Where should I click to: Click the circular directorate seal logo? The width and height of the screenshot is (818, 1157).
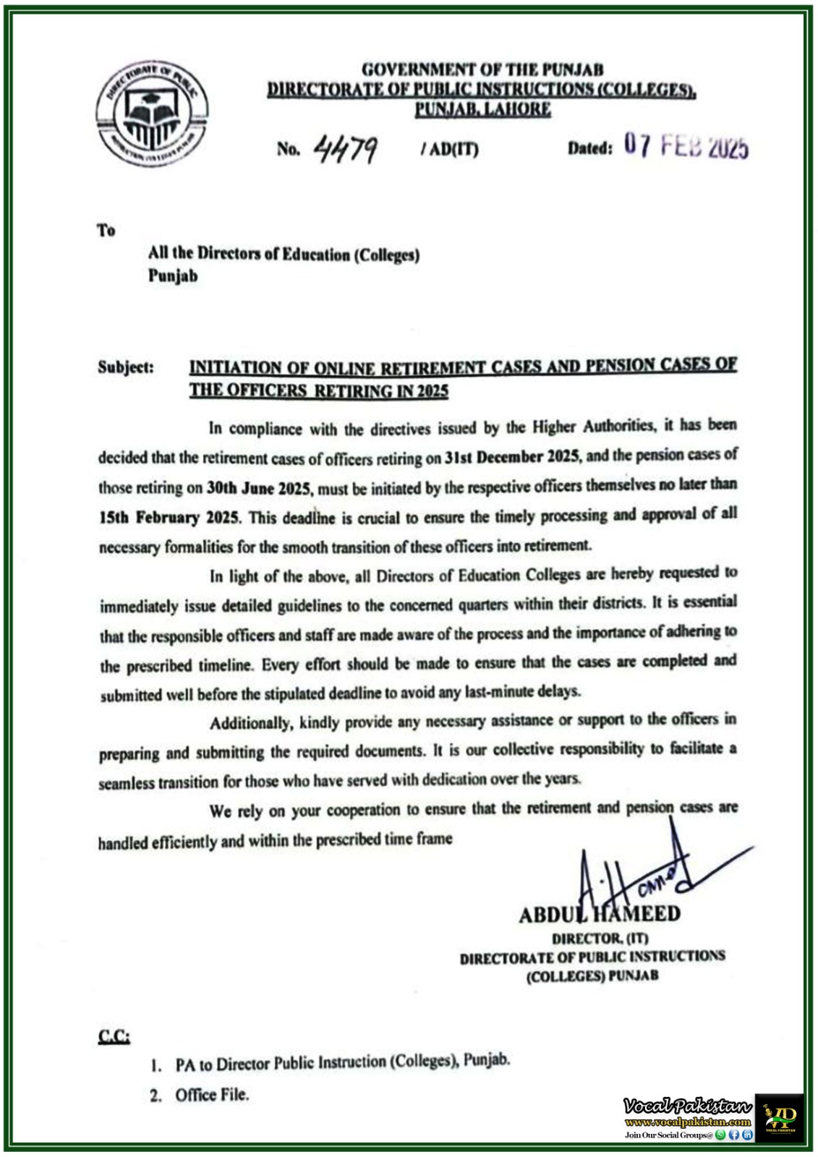[x=152, y=114]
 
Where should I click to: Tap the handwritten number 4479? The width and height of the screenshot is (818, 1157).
[x=346, y=149]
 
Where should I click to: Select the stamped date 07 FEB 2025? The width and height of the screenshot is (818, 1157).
[x=686, y=147]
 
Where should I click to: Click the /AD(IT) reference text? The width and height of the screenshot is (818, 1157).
[x=449, y=150]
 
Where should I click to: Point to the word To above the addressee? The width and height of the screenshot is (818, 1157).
[x=106, y=231]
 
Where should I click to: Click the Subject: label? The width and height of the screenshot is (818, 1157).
[x=126, y=367]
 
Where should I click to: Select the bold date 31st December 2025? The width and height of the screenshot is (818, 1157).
[x=512, y=457]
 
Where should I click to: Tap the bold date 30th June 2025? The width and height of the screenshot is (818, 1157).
[x=259, y=488]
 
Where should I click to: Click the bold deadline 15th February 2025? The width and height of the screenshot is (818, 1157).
[x=171, y=518]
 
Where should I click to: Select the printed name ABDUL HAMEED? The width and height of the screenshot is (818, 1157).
[x=600, y=915]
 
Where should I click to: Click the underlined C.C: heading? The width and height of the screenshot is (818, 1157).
[x=114, y=1037]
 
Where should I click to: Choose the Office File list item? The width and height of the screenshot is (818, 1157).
[x=211, y=1095]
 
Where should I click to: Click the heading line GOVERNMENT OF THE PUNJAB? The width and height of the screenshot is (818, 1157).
[x=482, y=70]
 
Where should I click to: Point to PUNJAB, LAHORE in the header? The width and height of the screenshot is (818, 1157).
[x=482, y=109]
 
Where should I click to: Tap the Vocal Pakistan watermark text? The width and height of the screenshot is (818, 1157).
[x=687, y=1106]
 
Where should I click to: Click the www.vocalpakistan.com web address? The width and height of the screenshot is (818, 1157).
[x=687, y=1122]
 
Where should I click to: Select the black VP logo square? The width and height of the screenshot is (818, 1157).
[x=780, y=1117]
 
